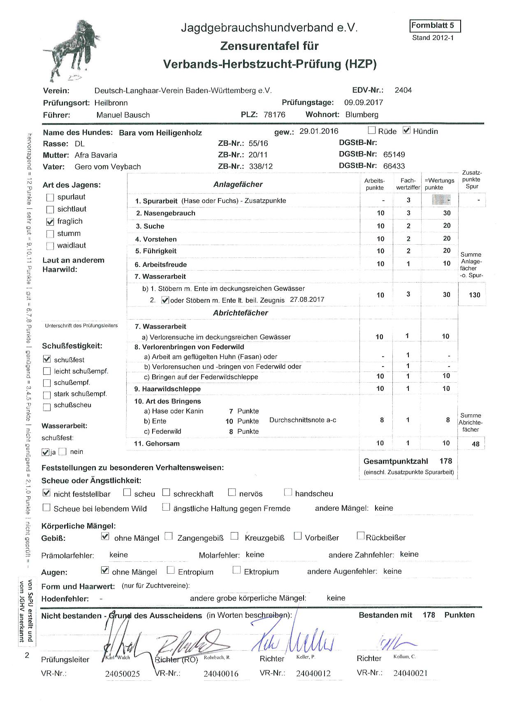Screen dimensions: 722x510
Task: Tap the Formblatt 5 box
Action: coord(435,26)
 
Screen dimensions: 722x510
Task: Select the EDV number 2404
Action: coord(403,90)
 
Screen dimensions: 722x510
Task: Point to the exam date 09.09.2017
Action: coord(364,103)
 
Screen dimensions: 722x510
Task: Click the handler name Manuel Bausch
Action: coord(123,115)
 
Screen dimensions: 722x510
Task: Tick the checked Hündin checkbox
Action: coord(407,131)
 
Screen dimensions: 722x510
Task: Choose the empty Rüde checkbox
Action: coord(372,131)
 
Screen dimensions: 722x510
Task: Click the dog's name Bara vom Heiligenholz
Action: coord(160,133)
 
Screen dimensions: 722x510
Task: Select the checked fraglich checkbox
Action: coord(50,222)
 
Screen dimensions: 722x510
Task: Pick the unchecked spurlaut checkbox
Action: coord(50,197)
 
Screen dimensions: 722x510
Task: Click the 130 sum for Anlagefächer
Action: coord(475,295)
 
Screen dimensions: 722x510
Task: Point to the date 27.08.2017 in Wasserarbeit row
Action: coord(307,299)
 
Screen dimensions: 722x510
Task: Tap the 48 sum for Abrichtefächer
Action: coord(475,444)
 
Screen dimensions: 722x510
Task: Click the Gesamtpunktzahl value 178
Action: coord(445,461)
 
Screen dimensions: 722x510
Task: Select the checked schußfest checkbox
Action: coord(47,359)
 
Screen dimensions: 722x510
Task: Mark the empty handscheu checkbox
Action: coord(288,492)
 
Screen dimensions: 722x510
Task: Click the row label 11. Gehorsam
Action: coord(157,444)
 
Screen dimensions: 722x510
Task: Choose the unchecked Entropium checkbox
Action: coord(171,570)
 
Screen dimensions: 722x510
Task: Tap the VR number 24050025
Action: coord(122,674)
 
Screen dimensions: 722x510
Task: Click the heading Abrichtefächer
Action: coord(240,313)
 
